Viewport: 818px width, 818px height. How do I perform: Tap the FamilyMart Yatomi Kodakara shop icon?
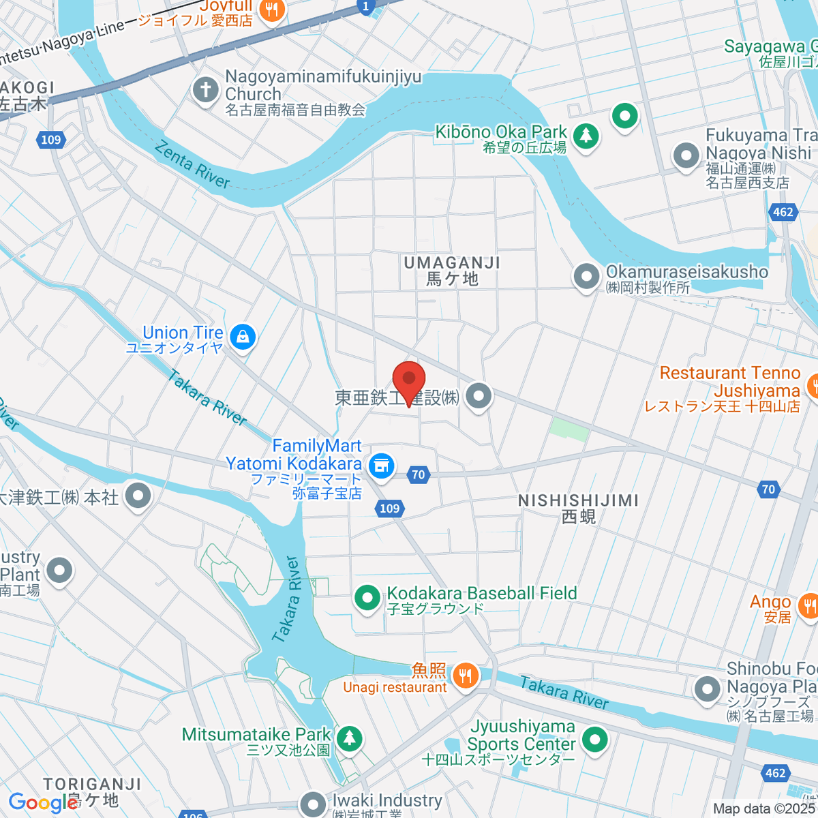click(x=382, y=466)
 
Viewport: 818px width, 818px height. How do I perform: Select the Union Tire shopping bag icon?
click(x=242, y=336)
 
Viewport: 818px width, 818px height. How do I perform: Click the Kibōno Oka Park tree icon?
click(x=585, y=136)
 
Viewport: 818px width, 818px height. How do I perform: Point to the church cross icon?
click(x=205, y=90)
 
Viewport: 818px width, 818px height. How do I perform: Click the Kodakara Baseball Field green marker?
click(x=368, y=599)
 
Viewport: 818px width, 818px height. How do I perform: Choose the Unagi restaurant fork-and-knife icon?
click(x=466, y=676)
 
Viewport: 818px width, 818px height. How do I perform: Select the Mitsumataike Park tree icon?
click(x=350, y=738)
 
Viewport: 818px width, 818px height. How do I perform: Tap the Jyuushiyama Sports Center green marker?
click(x=595, y=740)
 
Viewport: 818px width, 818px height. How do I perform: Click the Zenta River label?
click(x=192, y=164)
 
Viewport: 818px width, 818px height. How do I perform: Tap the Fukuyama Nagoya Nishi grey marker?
click(x=686, y=156)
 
